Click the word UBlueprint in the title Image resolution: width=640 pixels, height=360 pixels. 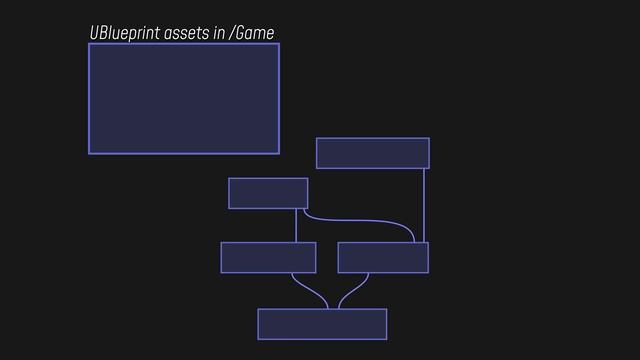123,34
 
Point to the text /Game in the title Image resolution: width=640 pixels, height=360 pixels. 251,34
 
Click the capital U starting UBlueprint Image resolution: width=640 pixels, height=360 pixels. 94,34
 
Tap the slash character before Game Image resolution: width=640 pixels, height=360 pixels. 232,34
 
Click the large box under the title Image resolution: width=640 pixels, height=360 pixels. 183,98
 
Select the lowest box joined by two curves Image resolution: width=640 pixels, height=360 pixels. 322,324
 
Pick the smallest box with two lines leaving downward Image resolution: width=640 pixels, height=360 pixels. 267,193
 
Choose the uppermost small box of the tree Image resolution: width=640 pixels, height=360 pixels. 372,153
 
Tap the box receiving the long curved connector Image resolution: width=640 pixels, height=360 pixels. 383,257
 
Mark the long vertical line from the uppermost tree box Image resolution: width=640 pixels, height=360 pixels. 424,205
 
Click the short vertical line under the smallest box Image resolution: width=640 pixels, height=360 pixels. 296,225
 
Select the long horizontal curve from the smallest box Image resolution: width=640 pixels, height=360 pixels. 360,220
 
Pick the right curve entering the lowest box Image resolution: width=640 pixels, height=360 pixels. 352,291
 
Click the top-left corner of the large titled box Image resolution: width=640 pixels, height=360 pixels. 89,44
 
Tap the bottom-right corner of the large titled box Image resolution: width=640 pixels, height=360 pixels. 278,153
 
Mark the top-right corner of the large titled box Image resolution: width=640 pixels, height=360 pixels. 278,44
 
